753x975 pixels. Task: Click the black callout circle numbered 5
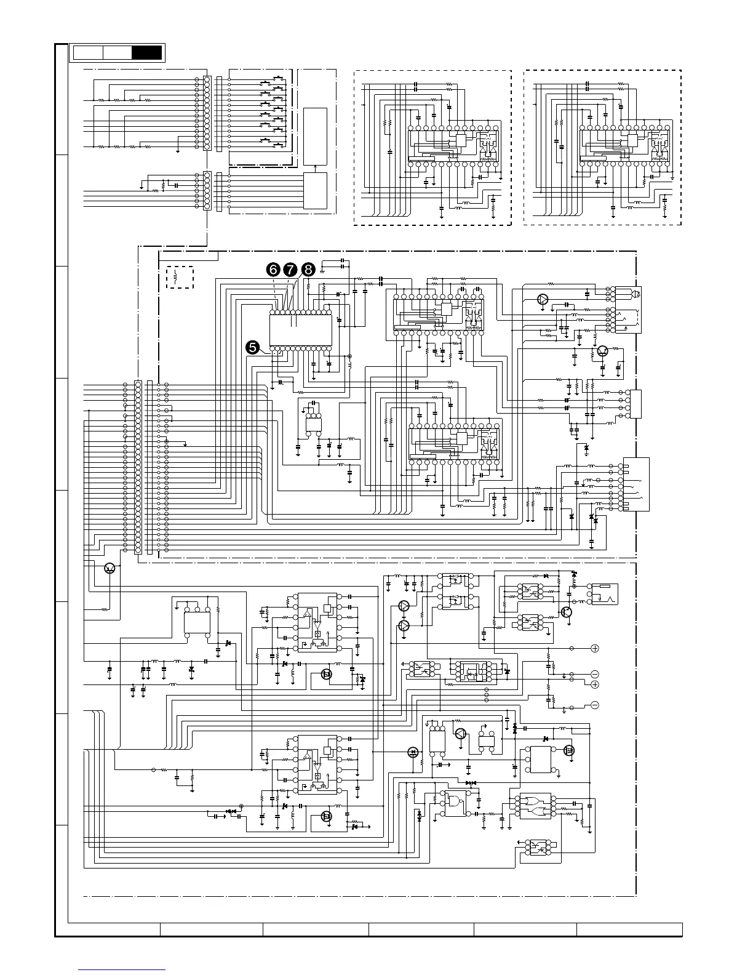click(x=252, y=347)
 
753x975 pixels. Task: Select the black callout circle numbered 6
click(x=272, y=270)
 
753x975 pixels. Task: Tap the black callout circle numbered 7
click(x=290, y=270)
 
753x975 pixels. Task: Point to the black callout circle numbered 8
click(x=308, y=270)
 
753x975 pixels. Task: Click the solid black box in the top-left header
click(x=147, y=53)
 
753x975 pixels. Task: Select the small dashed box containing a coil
click(x=180, y=277)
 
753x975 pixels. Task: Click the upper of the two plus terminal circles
click(x=595, y=648)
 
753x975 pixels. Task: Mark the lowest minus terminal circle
click(x=595, y=705)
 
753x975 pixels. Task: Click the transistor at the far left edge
click(x=110, y=568)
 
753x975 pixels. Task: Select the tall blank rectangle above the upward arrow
click(x=316, y=136)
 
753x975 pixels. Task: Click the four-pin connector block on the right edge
click(x=635, y=404)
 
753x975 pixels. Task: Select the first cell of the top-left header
click(x=88, y=53)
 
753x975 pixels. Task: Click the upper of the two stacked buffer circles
click(x=404, y=606)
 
